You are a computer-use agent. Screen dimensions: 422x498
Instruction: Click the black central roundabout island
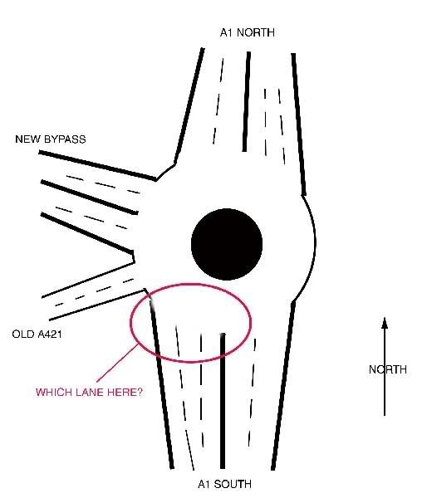click(227, 244)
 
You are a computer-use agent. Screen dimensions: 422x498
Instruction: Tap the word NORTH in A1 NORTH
click(256, 32)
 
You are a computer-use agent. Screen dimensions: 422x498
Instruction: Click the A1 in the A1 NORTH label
click(227, 32)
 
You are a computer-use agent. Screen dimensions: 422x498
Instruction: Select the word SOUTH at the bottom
click(233, 484)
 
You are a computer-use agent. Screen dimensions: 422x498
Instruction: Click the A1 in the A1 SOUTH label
click(204, 484)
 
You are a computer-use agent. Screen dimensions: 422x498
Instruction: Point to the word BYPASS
click(65, 139)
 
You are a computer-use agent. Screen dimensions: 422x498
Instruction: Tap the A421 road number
click(50, 334)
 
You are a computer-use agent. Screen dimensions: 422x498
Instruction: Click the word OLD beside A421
click(23, 334)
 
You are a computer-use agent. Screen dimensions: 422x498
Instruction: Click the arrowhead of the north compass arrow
click(385, 322)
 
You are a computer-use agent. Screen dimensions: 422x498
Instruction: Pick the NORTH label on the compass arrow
click(388, 369)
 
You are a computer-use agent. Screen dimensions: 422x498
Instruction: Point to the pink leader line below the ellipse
click(117, 364)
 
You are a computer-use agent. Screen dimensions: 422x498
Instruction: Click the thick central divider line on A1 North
click(246, 101)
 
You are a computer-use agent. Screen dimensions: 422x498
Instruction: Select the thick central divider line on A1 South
click(223, 401)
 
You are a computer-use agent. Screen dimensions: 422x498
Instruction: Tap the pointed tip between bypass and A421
click(134, 262)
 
